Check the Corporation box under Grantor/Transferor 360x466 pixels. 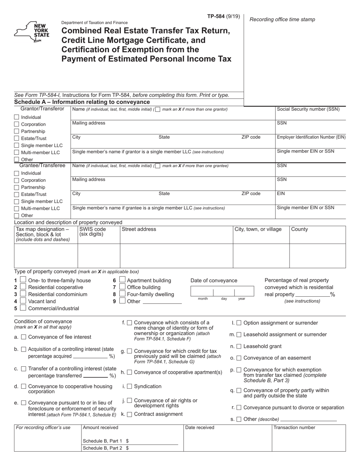[x=16, y=124]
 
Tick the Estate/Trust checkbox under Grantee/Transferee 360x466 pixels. [x=16, y=194]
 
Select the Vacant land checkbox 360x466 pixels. [x=23, y=301]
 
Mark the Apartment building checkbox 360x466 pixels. [x=122, y=280]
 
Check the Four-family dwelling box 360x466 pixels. [x=122, y=294]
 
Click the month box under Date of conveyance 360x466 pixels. [x=202, y=292]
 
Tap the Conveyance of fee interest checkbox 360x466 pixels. [x=23, y=337]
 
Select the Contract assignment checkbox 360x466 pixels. [x=129, y=414]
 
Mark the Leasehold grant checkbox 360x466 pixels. [x=239, y=346]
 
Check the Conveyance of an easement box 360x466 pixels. [x=239, y=358]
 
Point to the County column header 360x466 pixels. [x=299, y=229]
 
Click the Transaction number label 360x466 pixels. [x=294, y=427]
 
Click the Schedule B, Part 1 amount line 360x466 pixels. [x=153, y=441]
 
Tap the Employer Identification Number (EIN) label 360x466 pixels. [x=311, y=137]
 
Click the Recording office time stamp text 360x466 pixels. [x=282, y=19]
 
